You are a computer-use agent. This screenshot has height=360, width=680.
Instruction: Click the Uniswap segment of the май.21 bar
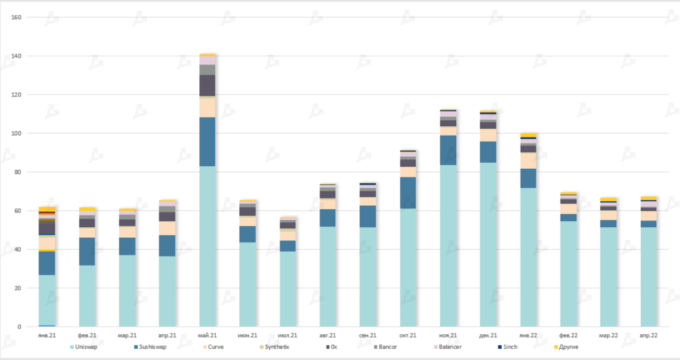coord(207,246)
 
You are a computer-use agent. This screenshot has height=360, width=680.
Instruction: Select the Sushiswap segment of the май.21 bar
coord(207,141)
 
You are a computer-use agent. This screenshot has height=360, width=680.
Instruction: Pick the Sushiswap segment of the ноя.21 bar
coord(448,150)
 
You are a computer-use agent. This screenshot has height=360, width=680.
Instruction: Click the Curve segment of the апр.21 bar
coord(167,228)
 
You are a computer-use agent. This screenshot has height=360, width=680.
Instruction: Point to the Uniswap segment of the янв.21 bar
coord(46,300)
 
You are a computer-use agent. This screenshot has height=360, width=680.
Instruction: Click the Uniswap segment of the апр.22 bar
coord(649,276)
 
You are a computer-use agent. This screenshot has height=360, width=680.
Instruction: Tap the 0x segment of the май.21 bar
coord(207,86)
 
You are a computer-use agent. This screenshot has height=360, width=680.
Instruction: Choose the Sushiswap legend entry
coord(151,347)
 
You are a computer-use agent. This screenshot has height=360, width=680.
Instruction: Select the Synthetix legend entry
coord(274,347)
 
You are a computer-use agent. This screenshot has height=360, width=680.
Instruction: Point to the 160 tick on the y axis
coord(17,17)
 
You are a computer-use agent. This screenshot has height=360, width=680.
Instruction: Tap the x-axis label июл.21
coord(288,335)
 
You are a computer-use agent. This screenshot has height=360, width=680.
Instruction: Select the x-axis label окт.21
coord(408,335)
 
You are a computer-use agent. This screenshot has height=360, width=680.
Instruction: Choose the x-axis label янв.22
coord(528,335)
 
